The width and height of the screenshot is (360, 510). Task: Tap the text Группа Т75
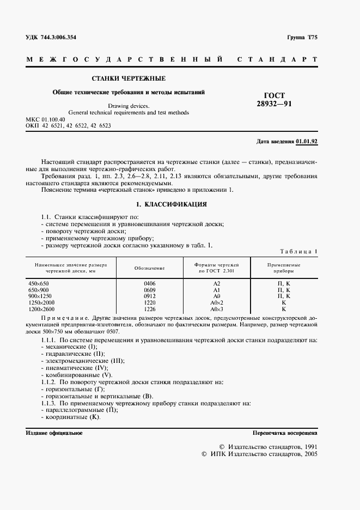302,38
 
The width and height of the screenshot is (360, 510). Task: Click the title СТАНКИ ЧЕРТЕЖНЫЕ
128,78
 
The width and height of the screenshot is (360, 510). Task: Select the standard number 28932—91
274,104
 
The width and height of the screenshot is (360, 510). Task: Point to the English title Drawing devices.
128,106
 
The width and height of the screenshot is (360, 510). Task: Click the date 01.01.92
307,142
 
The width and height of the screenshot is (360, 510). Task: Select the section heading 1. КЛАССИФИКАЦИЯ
170,204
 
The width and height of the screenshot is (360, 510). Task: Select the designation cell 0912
149,296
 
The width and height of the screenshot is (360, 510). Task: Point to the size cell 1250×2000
41,302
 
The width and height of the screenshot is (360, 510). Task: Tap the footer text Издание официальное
54,433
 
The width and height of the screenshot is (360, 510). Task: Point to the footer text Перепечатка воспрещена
285,433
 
